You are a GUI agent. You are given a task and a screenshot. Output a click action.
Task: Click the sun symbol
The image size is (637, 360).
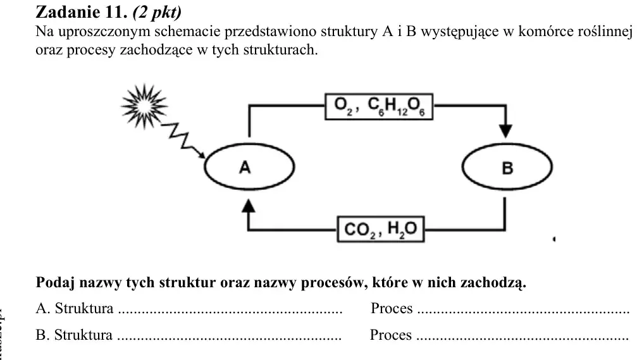pos(144,106)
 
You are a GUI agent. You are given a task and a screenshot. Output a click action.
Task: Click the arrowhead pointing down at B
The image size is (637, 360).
pos(505,132)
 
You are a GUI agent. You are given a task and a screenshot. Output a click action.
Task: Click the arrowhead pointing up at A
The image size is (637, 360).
pos(248,206)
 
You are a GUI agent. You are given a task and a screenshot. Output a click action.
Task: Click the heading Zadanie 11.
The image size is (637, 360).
pos(82,12)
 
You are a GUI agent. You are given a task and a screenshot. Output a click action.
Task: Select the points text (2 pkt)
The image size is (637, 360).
pos(158,13)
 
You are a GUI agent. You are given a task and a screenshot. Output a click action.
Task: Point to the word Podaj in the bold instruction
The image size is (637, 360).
pos(55,282)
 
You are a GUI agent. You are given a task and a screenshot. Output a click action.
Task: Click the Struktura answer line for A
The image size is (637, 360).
pos(230,313)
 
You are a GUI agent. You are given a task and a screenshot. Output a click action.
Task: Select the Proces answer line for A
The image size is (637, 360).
pos(524,313)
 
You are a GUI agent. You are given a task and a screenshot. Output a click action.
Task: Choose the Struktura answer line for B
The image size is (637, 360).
pos(230,338)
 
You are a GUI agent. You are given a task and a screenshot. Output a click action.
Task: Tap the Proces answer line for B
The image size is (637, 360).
pos(523,338)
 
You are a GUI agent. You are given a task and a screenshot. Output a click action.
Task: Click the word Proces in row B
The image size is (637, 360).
pos(391,335)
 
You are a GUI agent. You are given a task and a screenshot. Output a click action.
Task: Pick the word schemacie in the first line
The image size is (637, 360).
pos(188,31)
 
